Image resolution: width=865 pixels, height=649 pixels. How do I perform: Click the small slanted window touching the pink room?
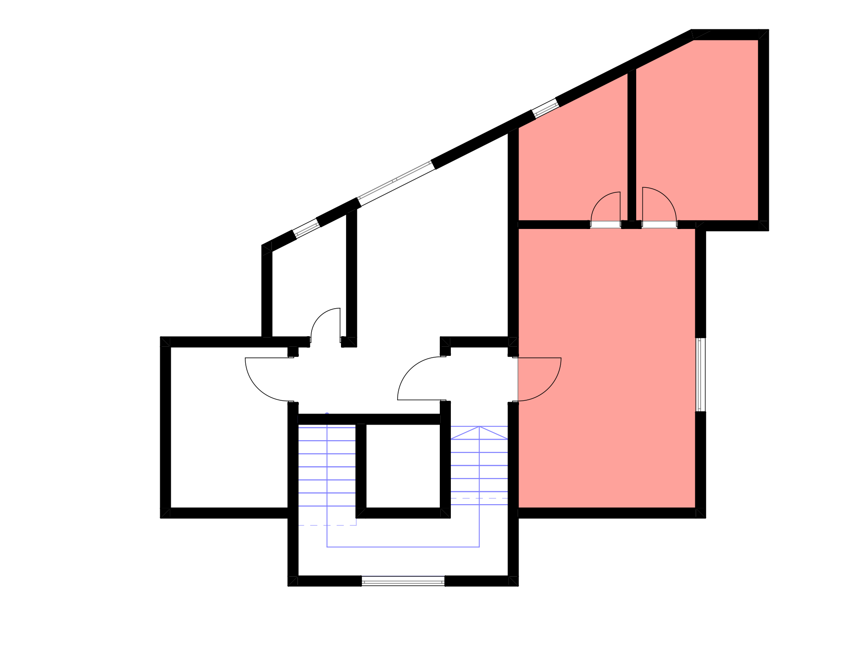546,109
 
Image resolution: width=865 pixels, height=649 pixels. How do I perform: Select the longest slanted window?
396,183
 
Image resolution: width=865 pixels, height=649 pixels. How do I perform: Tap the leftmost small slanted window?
306,229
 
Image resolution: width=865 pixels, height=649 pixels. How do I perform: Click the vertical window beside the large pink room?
700,375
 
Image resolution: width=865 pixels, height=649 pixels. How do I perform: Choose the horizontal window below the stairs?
403,581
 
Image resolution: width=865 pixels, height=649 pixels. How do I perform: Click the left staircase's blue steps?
327,467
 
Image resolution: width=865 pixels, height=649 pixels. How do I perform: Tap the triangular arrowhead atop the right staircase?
479,433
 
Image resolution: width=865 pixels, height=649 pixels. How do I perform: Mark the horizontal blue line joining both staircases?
403,547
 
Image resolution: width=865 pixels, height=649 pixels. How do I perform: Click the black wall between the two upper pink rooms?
632,147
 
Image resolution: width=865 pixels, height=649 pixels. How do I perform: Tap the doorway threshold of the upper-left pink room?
605,224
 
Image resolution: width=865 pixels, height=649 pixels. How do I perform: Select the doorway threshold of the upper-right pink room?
659,224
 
